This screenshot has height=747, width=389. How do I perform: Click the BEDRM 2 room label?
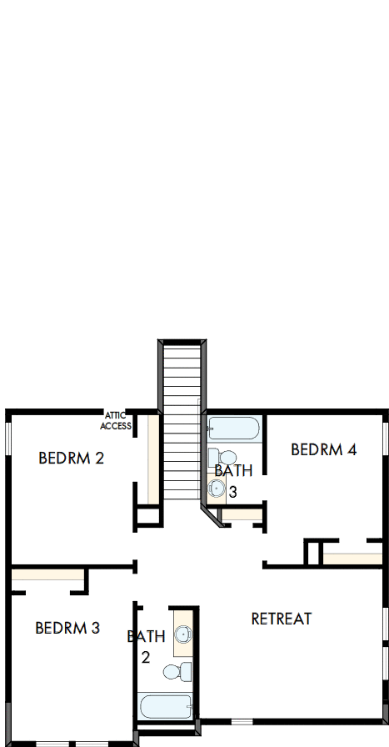71,458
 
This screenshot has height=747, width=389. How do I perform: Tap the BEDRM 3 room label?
67,628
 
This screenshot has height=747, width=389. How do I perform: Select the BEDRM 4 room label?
323,449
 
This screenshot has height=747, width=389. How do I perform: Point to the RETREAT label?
282,619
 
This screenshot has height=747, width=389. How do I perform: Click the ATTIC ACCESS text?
115,420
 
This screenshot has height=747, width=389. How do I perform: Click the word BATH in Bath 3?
233,471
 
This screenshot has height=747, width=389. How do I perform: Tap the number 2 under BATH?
145,658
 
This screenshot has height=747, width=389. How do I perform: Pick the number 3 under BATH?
233,493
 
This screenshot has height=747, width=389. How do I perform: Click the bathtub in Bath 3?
233,429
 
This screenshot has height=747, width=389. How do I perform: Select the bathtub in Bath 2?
167,708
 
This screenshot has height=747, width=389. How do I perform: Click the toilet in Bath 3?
215,457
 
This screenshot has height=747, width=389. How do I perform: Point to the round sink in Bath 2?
183,636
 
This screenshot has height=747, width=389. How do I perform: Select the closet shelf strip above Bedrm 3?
48,574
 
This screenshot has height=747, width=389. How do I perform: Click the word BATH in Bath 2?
146,637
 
